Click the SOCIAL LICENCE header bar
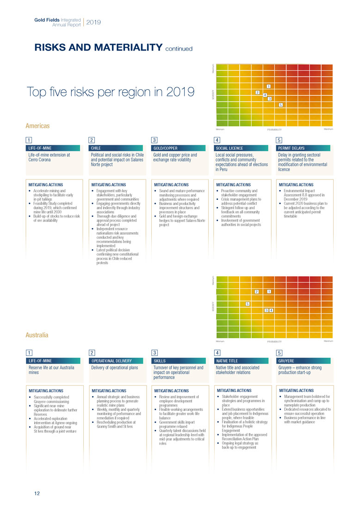(x=241, y=148)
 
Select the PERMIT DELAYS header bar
(x=303, y=148)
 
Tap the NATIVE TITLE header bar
(x=241, y=360)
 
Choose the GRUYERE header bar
(x=303, y=360)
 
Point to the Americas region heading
(x=37, y=126)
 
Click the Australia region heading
(x=37, y=335)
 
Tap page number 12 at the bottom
(x=30, y=494)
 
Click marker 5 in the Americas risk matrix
(x=280, y=105)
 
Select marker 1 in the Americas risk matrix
(x=269, y=86)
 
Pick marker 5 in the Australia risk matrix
(x=248, y=304)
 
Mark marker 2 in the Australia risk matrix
(x=257, y=292)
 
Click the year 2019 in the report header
(x=93, y=22)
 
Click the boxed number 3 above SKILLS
(x=155, y=353)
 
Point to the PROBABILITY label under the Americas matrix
(x=274, y=130)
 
